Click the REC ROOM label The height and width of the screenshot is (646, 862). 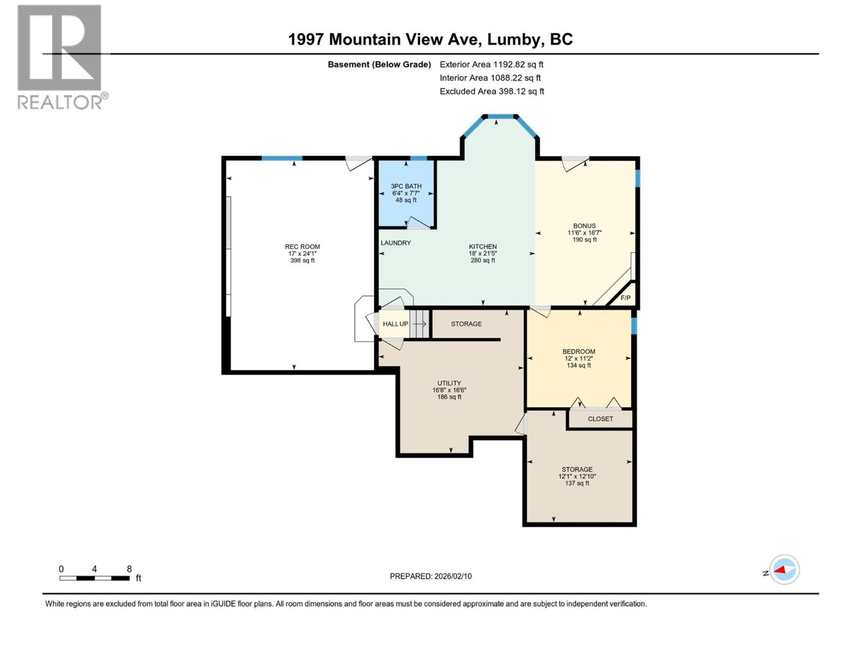pos(302,247)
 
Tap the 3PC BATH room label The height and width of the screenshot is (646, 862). pos(406,186)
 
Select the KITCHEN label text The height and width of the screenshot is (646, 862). pos(483,247)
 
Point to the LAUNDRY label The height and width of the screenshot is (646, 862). pos(396,243)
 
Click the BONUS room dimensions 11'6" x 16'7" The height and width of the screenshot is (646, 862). pos(585,233)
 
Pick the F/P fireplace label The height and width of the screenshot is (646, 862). pos(625,298)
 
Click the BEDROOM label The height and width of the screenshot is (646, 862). pos(579,352)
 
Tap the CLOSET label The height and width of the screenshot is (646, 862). pos(600,419)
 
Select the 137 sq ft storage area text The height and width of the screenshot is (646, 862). pos(577,483)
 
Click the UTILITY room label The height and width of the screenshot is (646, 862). pos(449,383)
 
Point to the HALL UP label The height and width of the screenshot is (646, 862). pos(395,324)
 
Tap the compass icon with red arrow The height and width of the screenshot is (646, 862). pos(784,570)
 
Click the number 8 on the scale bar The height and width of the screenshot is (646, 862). pos(129,569)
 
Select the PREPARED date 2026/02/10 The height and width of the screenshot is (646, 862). pos(430,576)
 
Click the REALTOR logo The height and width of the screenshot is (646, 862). pos(60,57)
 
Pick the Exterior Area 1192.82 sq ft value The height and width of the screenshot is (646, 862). pos(491,65)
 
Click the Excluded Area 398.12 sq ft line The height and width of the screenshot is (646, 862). pos(491,92)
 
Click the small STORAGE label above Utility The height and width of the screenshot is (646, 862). pos(467,324)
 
